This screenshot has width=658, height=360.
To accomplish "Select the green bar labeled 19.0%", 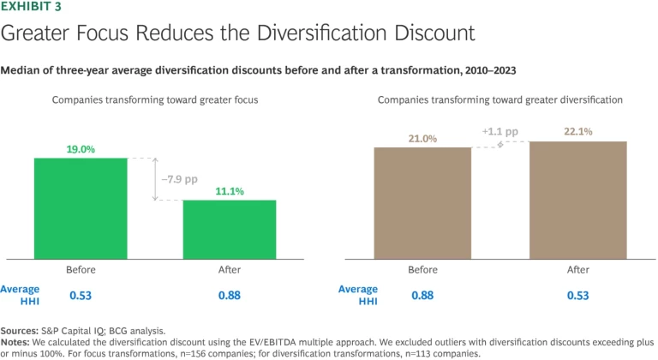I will pyautogui.click(x=81, y=207).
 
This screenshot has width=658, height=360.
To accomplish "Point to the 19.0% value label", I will pyautogui.click(x=81, y=149).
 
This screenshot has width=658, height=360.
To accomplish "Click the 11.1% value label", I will pyautogui.click(x=229, y=192).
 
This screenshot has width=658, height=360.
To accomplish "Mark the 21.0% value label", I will pyautogui.click(x=422, y=137).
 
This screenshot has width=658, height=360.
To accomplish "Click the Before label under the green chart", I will pyautogui.click(x=81, y=271).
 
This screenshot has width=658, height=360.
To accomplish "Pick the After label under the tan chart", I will pyautogui.click(x=577, y=271).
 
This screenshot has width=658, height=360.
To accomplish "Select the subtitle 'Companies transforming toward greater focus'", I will pyautogui.click(x=154, y=99).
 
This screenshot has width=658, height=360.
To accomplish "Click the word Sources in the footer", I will pyautogui.click(x=21, y=329).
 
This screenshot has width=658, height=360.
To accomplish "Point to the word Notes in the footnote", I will pyautogui.click(x=17, y=340).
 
